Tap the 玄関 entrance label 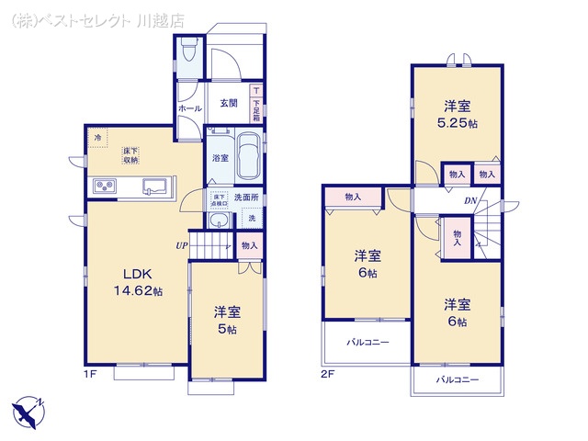[x=229, y=103]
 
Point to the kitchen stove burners [x=103, y=187]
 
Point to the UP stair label [x=183, y=245]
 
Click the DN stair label [x=469, y=201]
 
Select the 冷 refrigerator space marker [x=97, y=137]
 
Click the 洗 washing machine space [x=251, y=219]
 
